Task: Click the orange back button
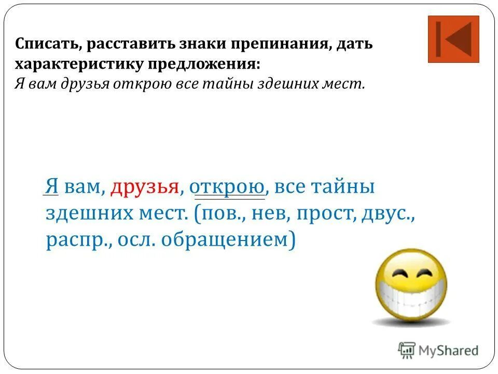453,39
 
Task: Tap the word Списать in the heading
47,44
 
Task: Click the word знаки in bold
198,44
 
